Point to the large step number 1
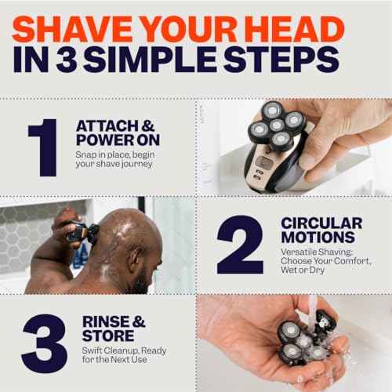point(42,150)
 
